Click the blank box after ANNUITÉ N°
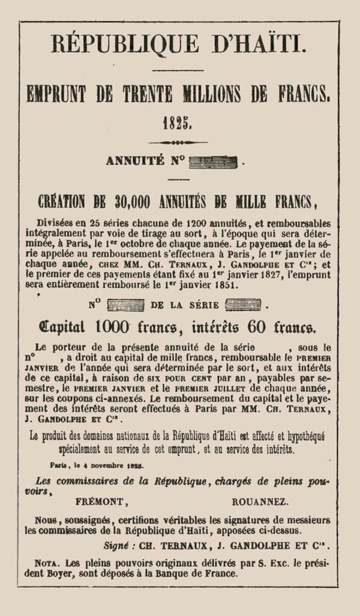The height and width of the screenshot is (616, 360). (x=212, y=161)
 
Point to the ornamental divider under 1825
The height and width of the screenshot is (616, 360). (x=178, y=143)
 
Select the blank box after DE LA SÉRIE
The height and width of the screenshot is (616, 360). (x=242, y=305)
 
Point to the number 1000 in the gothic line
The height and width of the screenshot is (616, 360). (x=113, y=327)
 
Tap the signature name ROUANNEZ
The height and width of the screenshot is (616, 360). (x=260, y=501)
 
